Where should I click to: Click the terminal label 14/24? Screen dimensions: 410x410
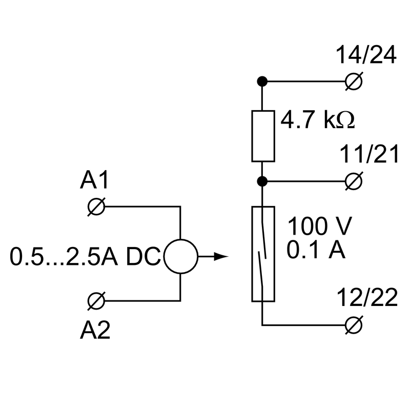click(366, 55)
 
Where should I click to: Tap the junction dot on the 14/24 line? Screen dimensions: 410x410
click(262, 81)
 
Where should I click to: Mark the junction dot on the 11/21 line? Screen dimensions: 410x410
click(262, 181)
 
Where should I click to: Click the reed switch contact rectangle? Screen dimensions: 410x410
click(263, 254)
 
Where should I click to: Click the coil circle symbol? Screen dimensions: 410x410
click(180, 256)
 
